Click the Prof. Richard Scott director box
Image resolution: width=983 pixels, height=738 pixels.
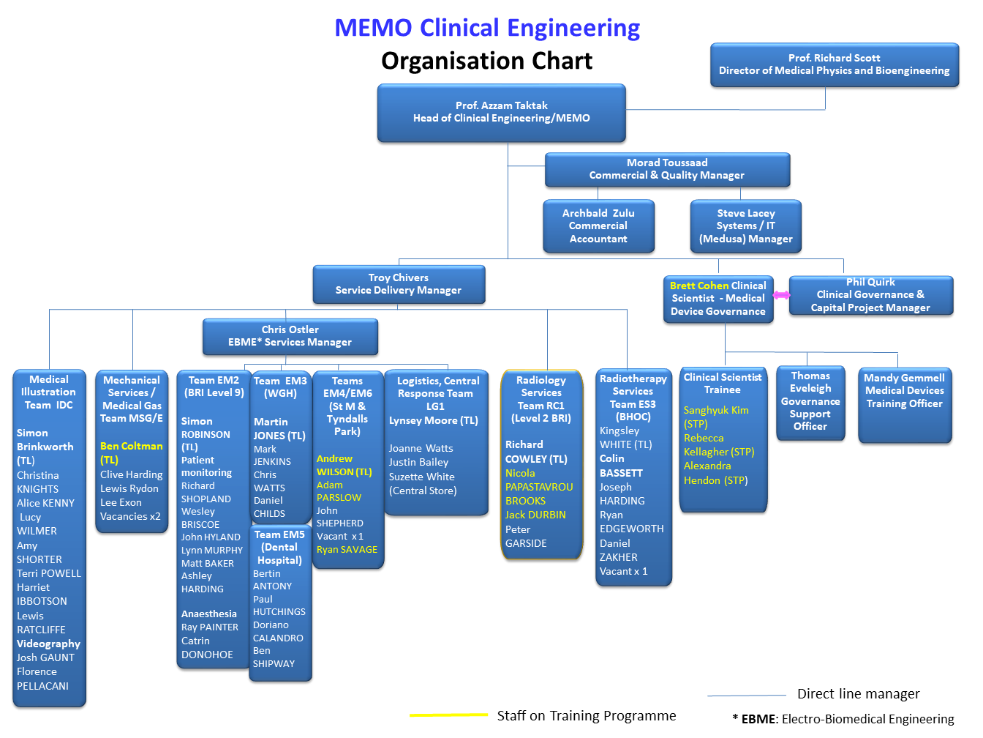(834, 64)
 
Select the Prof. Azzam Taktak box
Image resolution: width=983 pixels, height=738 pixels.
(501, 112)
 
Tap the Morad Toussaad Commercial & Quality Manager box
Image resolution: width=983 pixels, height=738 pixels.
(667, 169)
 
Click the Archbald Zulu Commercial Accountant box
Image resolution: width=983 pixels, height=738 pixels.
(598, 226)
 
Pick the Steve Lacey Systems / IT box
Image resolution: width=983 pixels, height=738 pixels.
(745, 226)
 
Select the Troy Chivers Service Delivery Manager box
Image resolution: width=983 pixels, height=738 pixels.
(399, 284)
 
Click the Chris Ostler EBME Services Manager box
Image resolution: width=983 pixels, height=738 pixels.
(290, 336)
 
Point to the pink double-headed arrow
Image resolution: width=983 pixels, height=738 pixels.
(781, 295)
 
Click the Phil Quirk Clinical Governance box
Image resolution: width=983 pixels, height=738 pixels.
(870, 295)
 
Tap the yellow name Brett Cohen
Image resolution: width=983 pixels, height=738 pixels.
(698, 286)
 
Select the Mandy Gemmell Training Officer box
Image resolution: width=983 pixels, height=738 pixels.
(904, 404)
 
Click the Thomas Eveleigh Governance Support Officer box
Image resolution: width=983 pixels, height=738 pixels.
(810, 403)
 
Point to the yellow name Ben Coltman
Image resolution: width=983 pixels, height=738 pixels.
(132, 446)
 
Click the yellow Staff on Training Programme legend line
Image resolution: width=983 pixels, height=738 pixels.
(448, 715)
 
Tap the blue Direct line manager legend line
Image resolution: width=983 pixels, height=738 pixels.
(746, 695)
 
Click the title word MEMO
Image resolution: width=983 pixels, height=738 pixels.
(373, 28)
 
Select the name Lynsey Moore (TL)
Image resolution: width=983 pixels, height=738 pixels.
(433, 420)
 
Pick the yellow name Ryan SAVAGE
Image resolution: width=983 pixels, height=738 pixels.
(347, 549)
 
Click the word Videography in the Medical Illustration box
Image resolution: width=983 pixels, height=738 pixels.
(48, 644)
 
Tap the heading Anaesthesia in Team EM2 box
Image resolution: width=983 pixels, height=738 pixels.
(209, 614)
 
